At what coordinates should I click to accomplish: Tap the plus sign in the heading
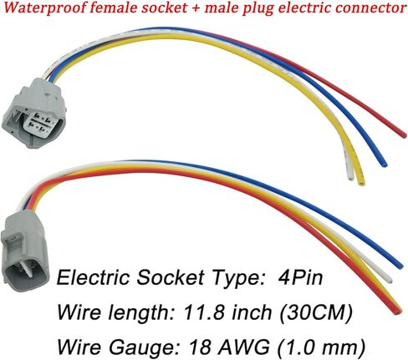tap(196, 8)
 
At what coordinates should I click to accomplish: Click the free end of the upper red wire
tap(404, 135)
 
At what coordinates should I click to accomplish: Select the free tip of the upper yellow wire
tap(361, 183)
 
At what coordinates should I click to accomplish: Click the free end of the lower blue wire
tap(400, 266)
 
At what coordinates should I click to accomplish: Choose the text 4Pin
tap(300, 277)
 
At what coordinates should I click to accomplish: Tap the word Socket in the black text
tap(171, 277)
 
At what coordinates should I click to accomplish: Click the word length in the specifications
tap(135, 313)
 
